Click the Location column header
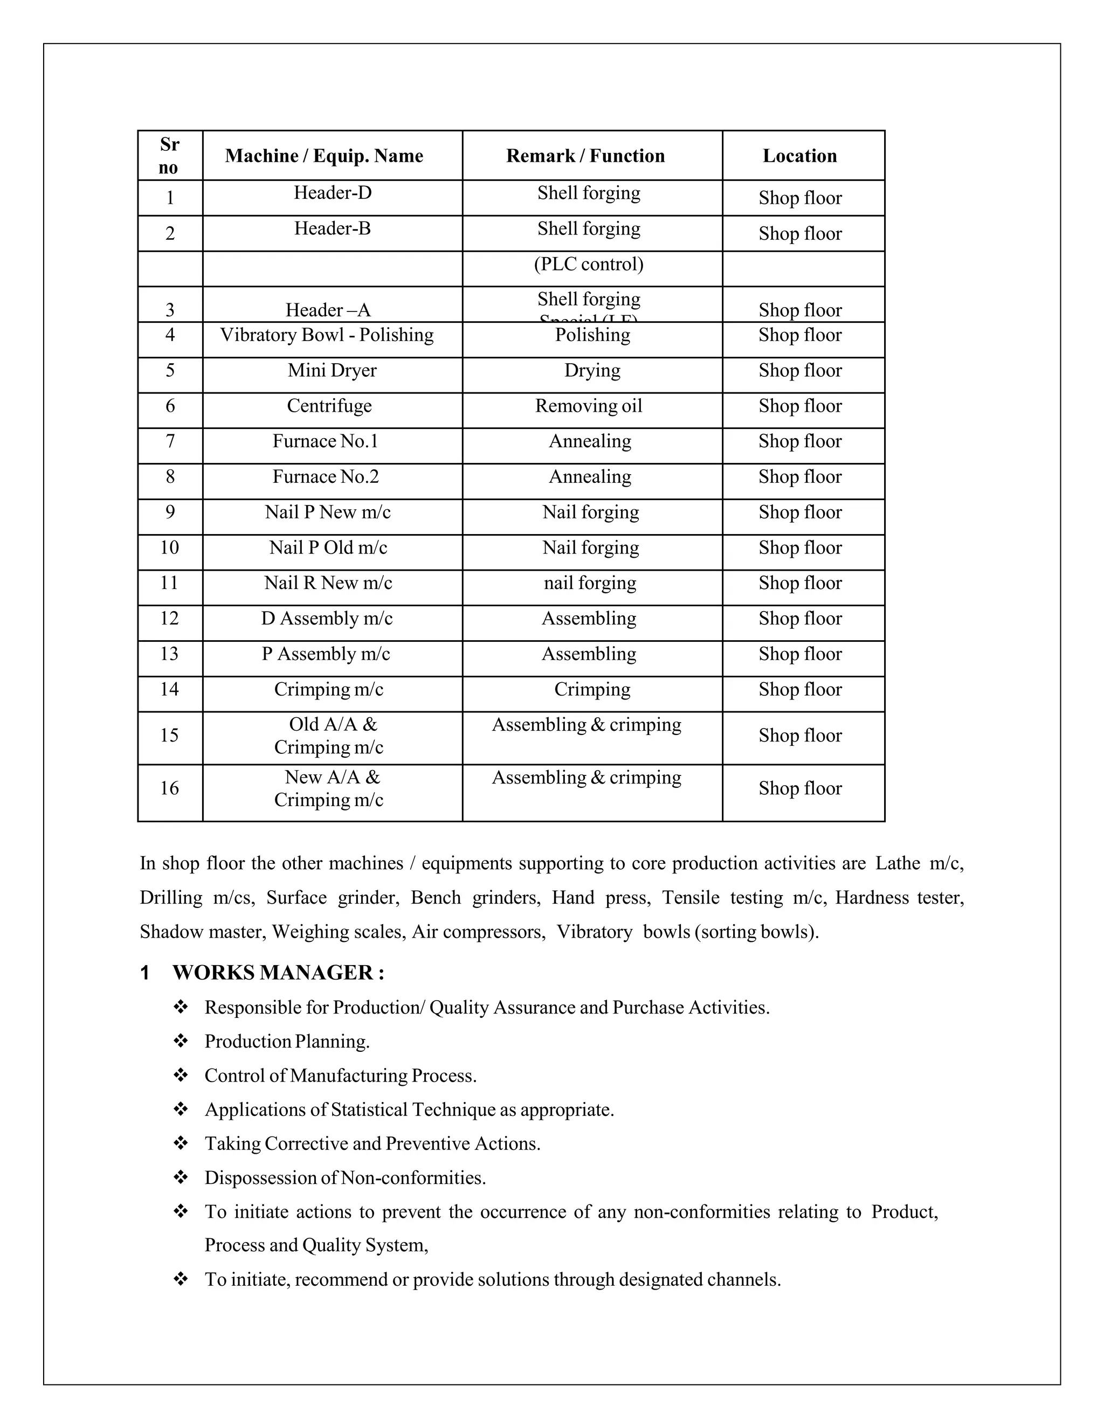click(799, 156)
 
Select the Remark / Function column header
click(585, 156)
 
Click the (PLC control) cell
click(589, 264)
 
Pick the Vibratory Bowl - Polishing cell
click(326, 335)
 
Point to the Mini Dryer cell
click(332, 371)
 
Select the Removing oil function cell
click(589, 406)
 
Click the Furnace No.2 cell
click(326, 477)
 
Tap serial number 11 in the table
click(169, 583)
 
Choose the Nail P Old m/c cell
click(328, 547)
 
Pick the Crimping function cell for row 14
click(592, 689)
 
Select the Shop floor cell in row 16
click(800, 788)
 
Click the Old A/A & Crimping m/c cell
click(329, 736)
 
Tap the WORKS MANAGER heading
click(278, 973)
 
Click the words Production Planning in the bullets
click(287, 1042)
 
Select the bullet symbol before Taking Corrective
click(181, 1143)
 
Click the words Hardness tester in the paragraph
click(899, 898)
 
